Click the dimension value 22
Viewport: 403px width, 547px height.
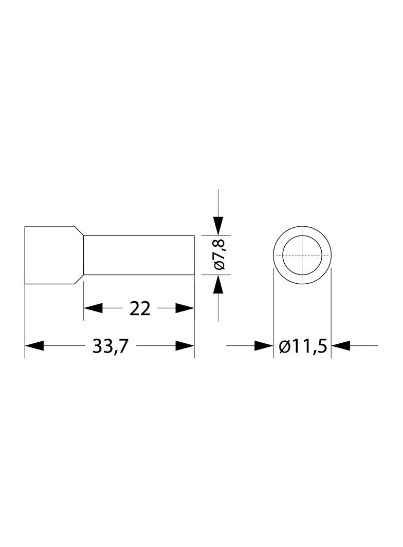[x=140, y=308]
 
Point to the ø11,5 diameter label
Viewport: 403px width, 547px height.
[x=303, y=346]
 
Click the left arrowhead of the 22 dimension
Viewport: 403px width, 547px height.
[x=94, y=308]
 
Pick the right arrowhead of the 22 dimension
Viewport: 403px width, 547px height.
[x=185, y=308]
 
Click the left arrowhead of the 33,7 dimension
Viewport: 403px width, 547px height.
[x=34, y=346]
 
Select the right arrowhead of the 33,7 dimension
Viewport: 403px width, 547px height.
[x=185, y=346]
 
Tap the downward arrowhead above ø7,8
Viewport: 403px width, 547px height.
[x=218, y=226]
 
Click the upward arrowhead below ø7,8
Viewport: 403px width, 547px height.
[x=218, y=284]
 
